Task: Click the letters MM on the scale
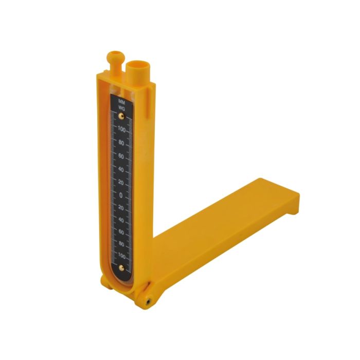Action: (x=121, y=101)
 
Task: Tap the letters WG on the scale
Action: (x=121, y=107)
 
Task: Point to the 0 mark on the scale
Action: (x=121, y=195)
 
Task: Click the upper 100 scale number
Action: (x=121, y=129)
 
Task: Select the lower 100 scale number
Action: (x=121, y=255)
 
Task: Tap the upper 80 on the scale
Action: (x=121, y=142)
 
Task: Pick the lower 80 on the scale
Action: (x=121, y=243)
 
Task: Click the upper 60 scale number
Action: (x=121, y=156)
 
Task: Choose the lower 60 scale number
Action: (x=121, y=231)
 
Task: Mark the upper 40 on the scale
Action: (x=121, y=169)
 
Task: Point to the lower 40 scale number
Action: (x=121, y=220)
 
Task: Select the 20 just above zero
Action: (x=121, y=183)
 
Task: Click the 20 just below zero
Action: (x=121, y=207)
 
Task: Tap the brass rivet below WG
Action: (x=121, y=116)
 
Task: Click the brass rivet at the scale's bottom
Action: (x=121, y=267)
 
